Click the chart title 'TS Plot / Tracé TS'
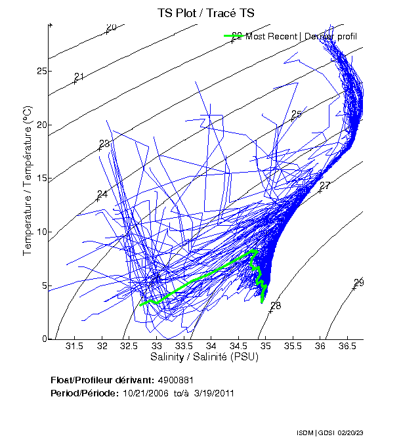pyautogui.click(x=205, y=12)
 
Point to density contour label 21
pyautogui.click(x=79, y=77)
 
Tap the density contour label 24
pyautogui.click(x=102, y=194)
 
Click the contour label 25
pyautogui.click(x=296, y=115)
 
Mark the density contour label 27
pyautogui.click(x=324, y=186)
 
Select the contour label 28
pyautogui.click(x=275, y=306)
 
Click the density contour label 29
pyautogui.click(x=358, y=283)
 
